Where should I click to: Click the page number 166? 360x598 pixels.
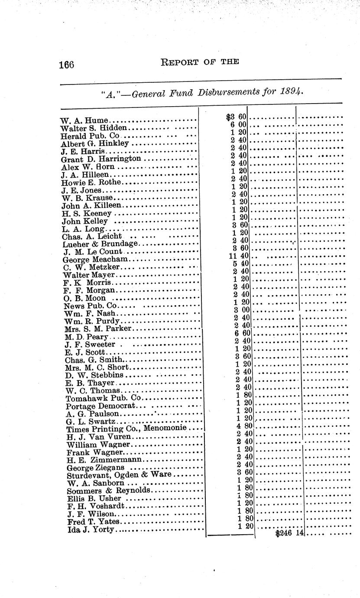coord(67,65)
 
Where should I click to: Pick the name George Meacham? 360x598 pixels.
coord(95,259)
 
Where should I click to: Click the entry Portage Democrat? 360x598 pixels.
coord(101,406)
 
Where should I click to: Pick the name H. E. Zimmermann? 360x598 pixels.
coord(104,460)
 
